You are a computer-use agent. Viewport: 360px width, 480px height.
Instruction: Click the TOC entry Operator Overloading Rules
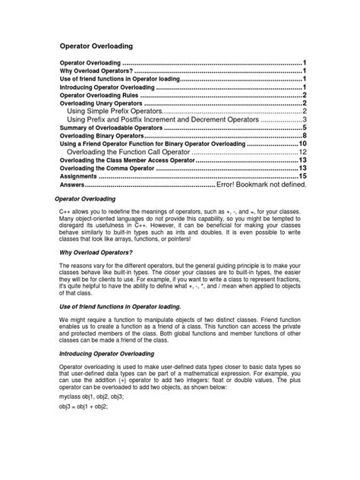point(99,95)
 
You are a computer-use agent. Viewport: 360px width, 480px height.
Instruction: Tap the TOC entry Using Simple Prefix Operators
point(115,111)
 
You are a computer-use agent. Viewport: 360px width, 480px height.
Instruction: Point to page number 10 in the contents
point(302,144)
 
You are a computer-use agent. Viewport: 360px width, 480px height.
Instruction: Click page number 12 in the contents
point(302,152)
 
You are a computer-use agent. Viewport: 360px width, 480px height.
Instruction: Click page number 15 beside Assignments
point(302,176)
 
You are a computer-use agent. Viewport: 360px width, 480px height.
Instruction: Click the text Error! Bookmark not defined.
point(261,185)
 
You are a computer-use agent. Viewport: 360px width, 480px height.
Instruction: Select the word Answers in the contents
point(73,185)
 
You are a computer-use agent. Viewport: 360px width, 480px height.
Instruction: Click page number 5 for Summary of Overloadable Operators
point(304,128)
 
